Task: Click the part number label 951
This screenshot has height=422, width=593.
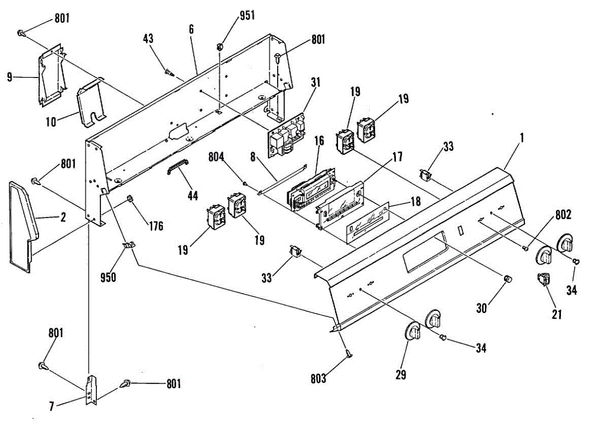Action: click(x=247, y=15)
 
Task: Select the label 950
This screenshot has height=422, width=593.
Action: click(x=108, y=277)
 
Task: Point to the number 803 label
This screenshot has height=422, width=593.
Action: click(x=319, y=379)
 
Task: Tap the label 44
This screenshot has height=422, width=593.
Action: click(x=192, y=196)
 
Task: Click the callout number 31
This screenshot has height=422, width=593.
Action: click(x=315, y=82)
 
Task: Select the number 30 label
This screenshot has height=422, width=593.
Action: click(x=482, y=308)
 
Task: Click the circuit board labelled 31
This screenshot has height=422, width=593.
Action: click(x=287, y=136)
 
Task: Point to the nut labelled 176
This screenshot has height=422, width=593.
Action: click(x=130, y=199)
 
